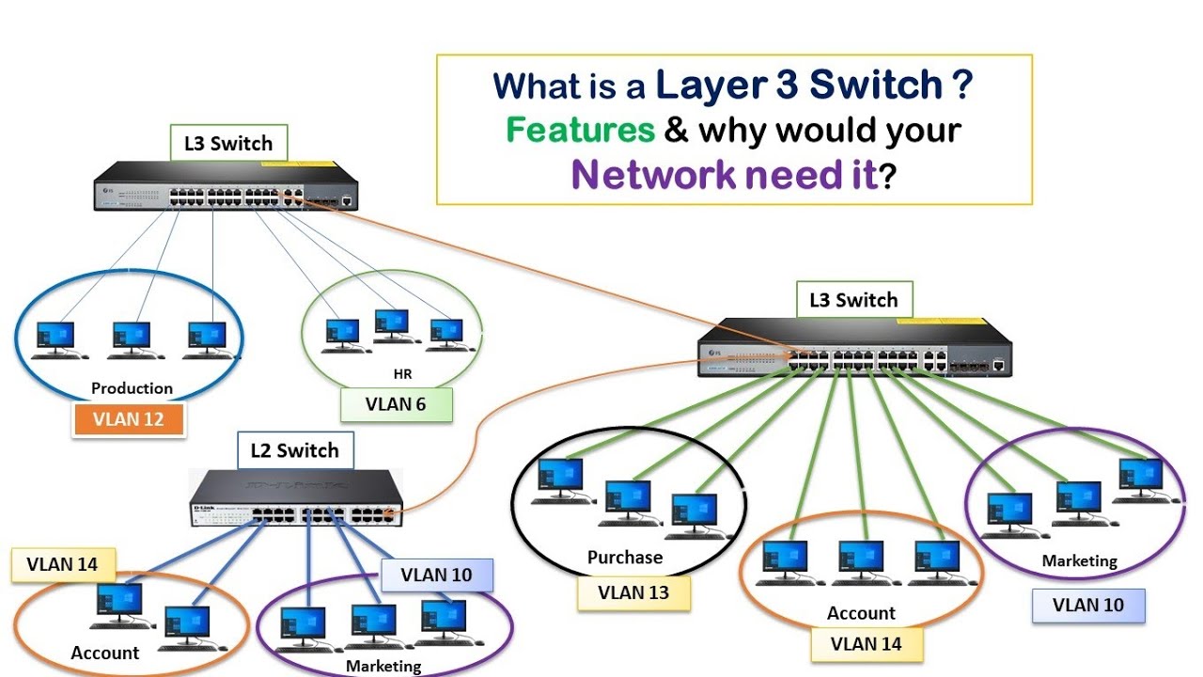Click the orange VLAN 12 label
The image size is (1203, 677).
tap(128, 419)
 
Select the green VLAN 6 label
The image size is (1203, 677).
tap(396, 404)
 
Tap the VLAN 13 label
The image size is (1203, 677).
tap(634, 592)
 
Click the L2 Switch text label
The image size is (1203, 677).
tap(294, 450)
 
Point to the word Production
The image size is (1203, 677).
tap(132, 387)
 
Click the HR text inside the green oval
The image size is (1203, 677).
tap(402, 374)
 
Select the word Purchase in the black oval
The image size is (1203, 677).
tap(625, 557)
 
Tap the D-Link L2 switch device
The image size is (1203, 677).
tap(296, 497)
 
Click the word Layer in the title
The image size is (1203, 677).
tap(702, 85)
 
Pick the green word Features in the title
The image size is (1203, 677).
tap(581, 130)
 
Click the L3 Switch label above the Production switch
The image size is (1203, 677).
tap(227, 144)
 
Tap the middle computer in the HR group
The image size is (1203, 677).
tap(392, 325)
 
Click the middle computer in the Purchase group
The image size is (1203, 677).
tap(627, 501)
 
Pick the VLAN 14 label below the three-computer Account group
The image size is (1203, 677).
tap(867, 644)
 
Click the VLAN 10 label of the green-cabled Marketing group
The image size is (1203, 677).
tap(1087, 605)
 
